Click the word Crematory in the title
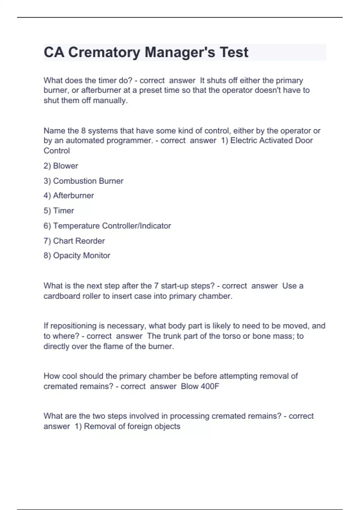point(104,52)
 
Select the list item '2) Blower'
point(61,166)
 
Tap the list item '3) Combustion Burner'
point(83,181)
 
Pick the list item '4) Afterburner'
point(69,196)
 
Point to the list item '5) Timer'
point(59,211)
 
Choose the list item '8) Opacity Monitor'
point(77,256)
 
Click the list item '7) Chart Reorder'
point(74,241)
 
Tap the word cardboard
point(59,296)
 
